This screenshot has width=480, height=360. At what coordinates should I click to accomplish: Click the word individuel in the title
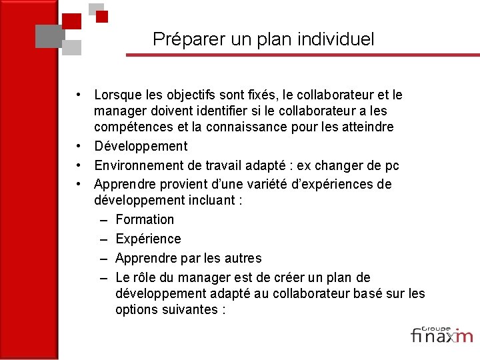[341, 39]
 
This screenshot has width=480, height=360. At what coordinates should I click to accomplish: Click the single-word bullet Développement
[141, 146]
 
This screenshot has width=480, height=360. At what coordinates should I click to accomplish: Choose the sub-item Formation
[145, 219]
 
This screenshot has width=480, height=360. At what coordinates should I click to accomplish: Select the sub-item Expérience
[148, 239]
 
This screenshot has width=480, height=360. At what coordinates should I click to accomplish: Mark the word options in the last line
[136, 309]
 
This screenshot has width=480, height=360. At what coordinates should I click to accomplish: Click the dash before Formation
[105, 219]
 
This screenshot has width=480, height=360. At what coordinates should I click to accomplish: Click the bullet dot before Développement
[79, 146]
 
